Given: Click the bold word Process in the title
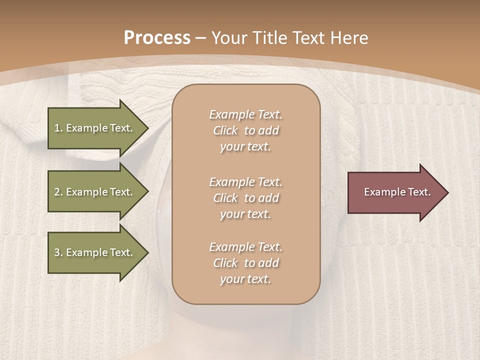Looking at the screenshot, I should (157, 38).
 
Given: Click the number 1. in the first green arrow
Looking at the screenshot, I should (58, 128).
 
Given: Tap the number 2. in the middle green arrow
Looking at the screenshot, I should (58, 192).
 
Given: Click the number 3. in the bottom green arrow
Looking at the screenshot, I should (58, 252).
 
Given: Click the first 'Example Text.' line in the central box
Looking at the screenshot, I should (245, 114).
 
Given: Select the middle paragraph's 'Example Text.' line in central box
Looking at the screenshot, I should (245, 182).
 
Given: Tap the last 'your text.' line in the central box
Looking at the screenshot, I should (245, 279).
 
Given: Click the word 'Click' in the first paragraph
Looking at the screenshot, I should (225, 131).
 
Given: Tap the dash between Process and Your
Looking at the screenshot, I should (201, 38).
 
